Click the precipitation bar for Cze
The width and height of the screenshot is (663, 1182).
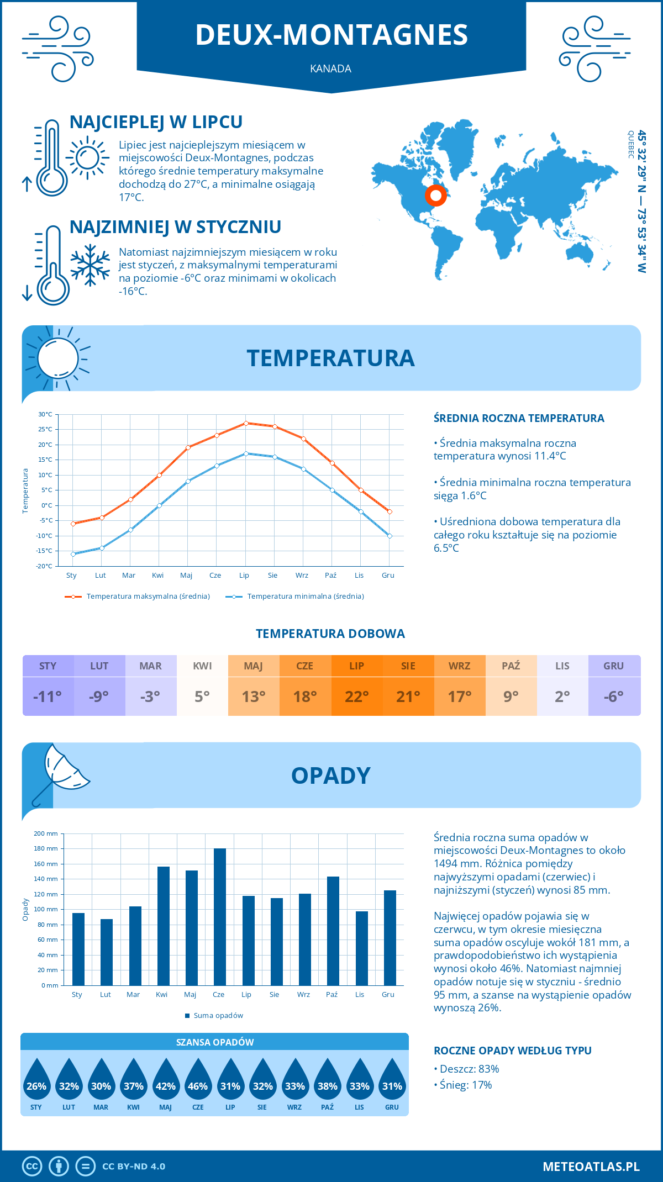(x=219, y=917)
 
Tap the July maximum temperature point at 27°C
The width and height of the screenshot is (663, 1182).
(x=246, y=423)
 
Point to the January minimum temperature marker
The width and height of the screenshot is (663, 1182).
(x=73, y=554)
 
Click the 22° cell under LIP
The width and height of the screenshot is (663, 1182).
(x=357, y=696)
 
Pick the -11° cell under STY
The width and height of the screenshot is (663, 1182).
(x=48, y=696)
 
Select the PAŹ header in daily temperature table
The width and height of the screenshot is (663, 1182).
(x=511, y=666)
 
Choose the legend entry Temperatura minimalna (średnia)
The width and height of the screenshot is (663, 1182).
(x=305, y=597)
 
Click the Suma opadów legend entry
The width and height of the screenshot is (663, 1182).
(x=218, y=1016)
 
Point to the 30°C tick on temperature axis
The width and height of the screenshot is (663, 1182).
(x=45, y=414)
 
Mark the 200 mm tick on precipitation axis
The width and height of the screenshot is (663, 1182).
(x=46, y=833)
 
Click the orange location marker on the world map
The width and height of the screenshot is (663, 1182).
(x=435, y=195)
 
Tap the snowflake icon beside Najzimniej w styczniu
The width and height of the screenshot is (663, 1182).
(x=90, y=265)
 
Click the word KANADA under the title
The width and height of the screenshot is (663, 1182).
(x=330, y=68)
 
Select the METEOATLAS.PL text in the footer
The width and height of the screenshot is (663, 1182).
(x=591, y=1166)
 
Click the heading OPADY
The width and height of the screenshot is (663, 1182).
(x=330, y=775)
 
